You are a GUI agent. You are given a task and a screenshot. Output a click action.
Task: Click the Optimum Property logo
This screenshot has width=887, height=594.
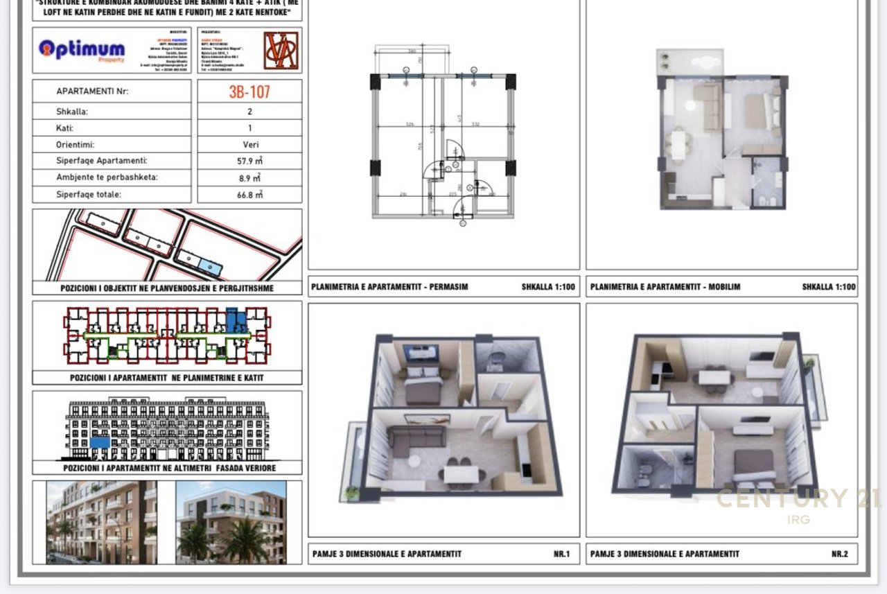(x=82, y=50)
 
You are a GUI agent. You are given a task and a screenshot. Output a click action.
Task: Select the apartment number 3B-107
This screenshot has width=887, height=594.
(x=249, y=91)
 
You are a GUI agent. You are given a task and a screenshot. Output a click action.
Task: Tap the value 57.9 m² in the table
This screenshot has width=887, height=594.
(x=249, y=161)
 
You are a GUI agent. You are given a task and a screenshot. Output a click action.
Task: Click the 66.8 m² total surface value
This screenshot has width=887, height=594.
(x=249, y=195)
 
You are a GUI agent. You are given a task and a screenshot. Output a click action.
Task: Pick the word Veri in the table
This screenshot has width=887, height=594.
(x=249, y=145)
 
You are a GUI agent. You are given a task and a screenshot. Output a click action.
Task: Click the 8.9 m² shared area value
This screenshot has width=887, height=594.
(x=249, y=177)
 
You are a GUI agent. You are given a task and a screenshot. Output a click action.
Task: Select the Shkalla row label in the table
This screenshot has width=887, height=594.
(x=72, y=111)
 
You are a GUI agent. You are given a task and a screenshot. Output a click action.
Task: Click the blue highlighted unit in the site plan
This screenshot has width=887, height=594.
(x=208, y=266)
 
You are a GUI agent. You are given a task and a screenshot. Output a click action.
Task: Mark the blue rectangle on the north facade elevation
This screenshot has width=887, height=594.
(x=100, y=442)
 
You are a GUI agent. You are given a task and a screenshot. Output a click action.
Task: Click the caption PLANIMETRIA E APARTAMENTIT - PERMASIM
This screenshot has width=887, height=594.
(x=389, y=286)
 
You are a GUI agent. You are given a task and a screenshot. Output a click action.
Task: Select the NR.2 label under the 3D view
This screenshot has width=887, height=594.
(x=838, y=554)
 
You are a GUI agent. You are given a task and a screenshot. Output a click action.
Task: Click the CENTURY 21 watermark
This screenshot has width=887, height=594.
(x=797, y=499)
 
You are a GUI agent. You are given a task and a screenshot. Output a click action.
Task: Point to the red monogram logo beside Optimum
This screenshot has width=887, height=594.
(x=281, y=50)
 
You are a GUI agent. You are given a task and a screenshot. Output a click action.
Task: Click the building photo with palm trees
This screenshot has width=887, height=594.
(x=231, y=521)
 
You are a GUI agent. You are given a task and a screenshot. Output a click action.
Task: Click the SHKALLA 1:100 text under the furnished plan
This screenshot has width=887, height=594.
(x=829, y=286)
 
